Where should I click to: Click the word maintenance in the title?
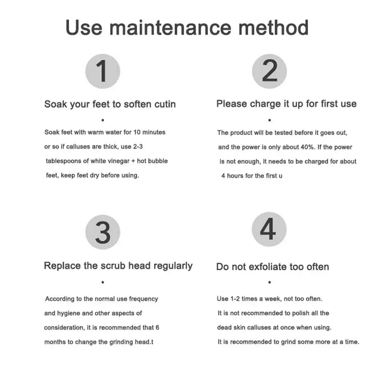[x=170, y=28]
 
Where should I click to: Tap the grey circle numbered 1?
[x=102, y=71]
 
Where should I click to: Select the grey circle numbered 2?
[x=269, y=71]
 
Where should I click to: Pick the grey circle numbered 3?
[x=102, y=232]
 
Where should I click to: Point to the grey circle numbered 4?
[x=269, y=229]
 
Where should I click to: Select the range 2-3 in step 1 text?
[x=138, y=147]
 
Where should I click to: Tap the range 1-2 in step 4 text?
[x=235, y=299]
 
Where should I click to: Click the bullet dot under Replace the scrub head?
[x=103, y=282]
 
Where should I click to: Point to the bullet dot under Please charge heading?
[x=270, y=120]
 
